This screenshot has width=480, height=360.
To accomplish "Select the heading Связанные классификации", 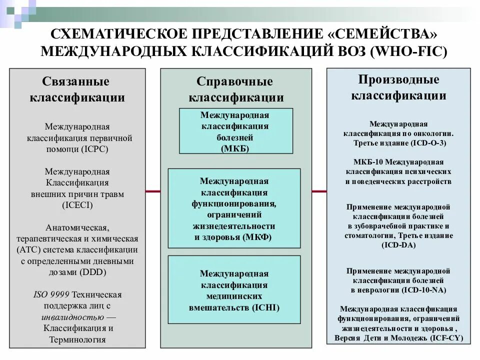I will coord(77,89).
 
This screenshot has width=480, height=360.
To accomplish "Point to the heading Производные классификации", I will coord(398,87).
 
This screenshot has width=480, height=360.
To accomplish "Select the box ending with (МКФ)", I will coord(234,208).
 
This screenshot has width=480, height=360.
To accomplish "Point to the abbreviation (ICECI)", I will coord(77,204).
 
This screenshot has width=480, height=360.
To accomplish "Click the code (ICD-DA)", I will coord(398,244).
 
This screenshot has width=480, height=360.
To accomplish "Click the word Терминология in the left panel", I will coord(77,339).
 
